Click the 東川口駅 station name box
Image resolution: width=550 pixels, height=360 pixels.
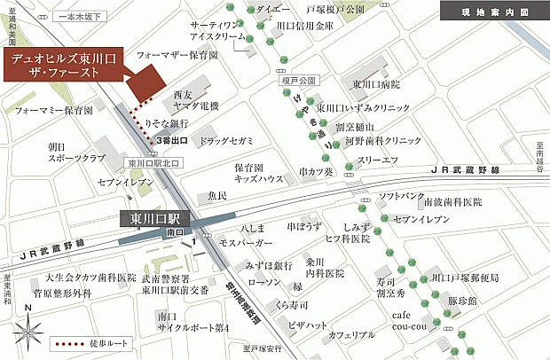(155, 218)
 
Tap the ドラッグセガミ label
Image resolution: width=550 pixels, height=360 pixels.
(226, 141)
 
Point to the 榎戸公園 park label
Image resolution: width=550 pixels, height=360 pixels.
(291, 80)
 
